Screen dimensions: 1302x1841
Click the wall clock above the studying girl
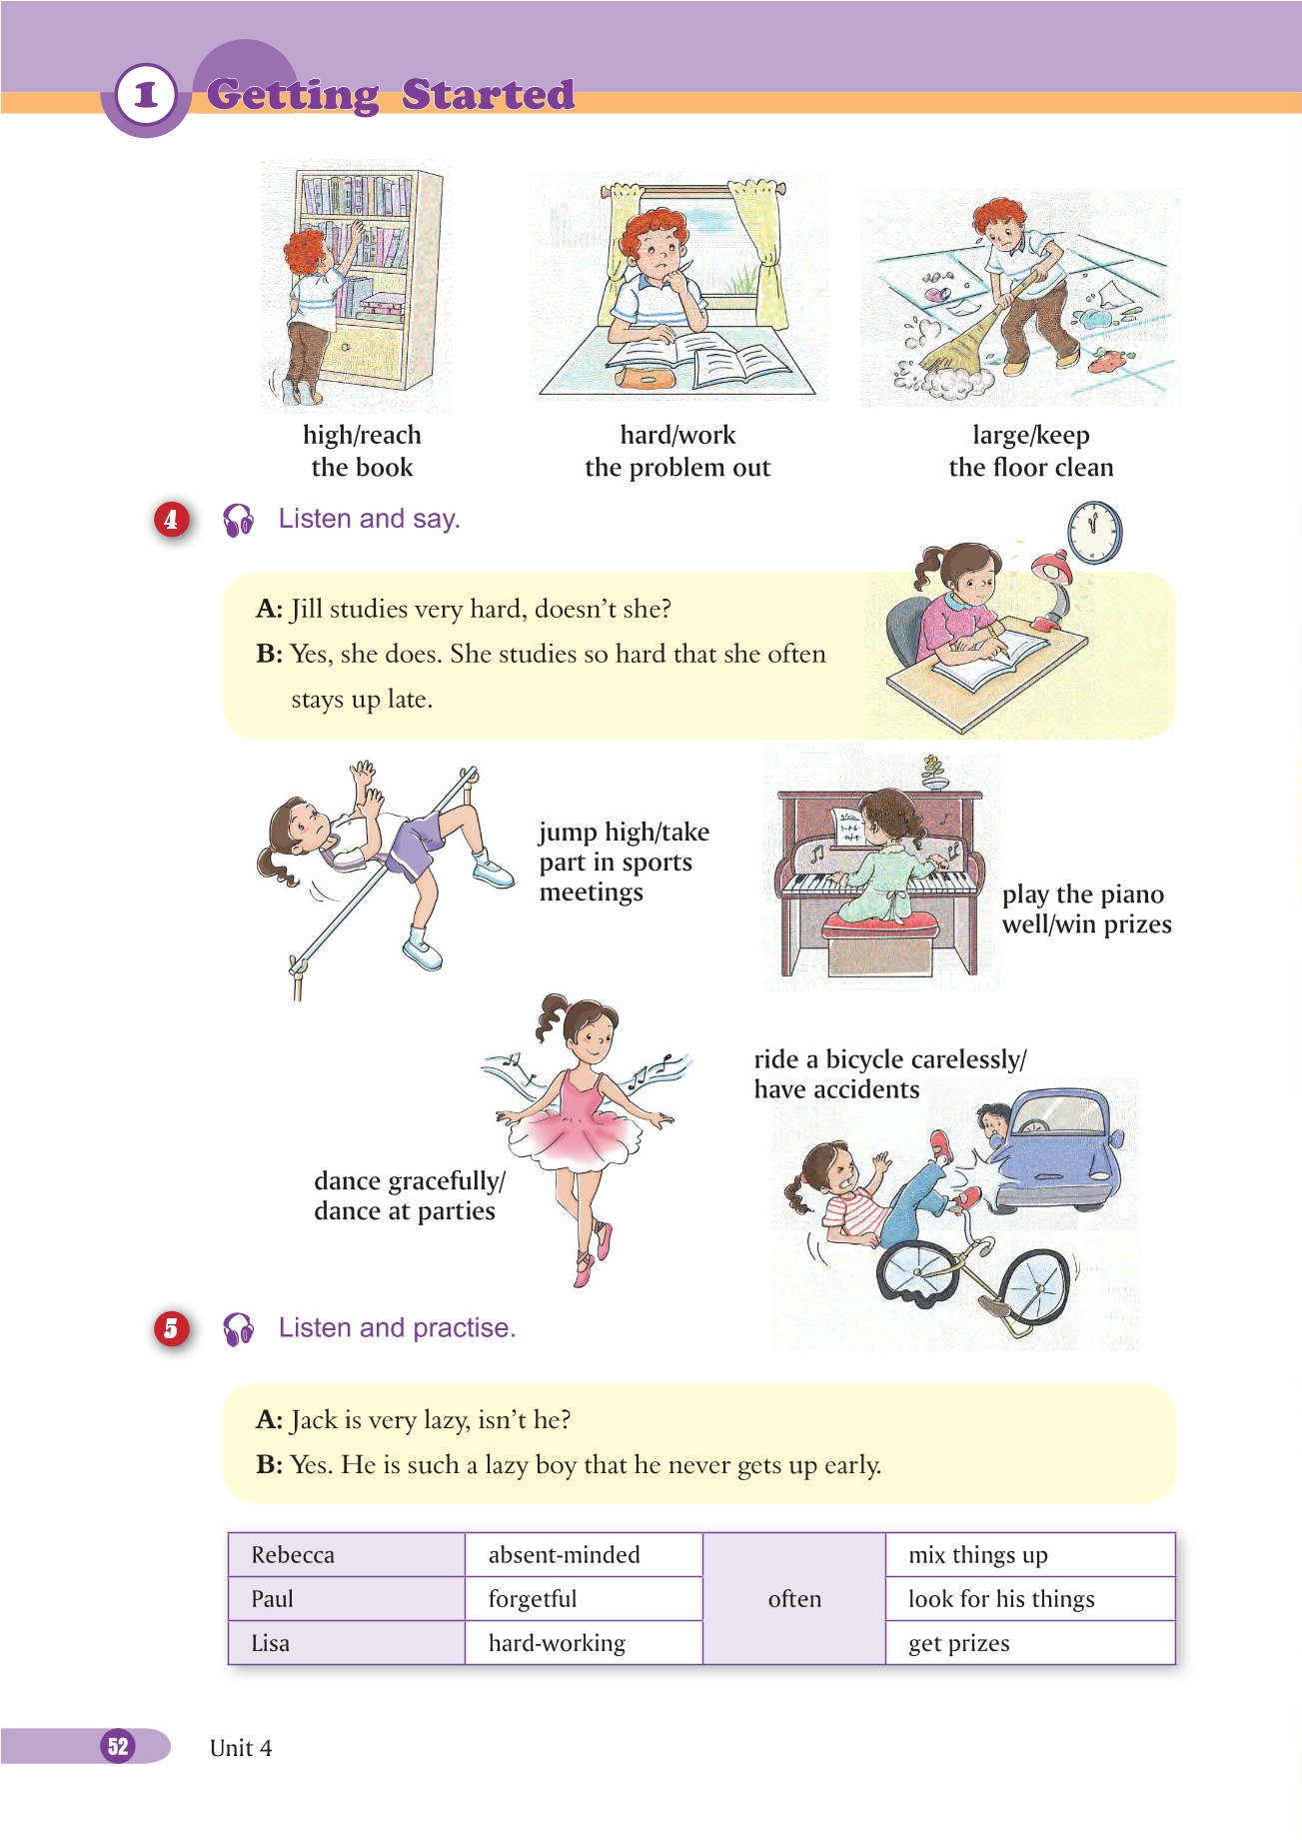point(1094,531)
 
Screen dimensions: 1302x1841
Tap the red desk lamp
point(1055,589)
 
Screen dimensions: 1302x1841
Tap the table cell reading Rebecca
point(347,1554)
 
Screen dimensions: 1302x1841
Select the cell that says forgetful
point(584,1598)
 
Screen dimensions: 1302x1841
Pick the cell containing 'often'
point(794,1598)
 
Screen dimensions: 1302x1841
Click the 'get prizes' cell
point(1030,1642)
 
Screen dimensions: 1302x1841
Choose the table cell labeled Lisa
point(347,1642)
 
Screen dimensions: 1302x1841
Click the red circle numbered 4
point(172,520)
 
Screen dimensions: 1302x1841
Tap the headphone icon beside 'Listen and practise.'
point(238,1328)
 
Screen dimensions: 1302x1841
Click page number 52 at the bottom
point(118,1745)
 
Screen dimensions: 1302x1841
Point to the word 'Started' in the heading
point(488,94)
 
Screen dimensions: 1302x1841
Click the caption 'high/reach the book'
point(362,451)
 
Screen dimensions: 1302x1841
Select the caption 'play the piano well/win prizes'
point(1086,909)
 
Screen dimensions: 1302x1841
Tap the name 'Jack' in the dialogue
point(314,1419)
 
